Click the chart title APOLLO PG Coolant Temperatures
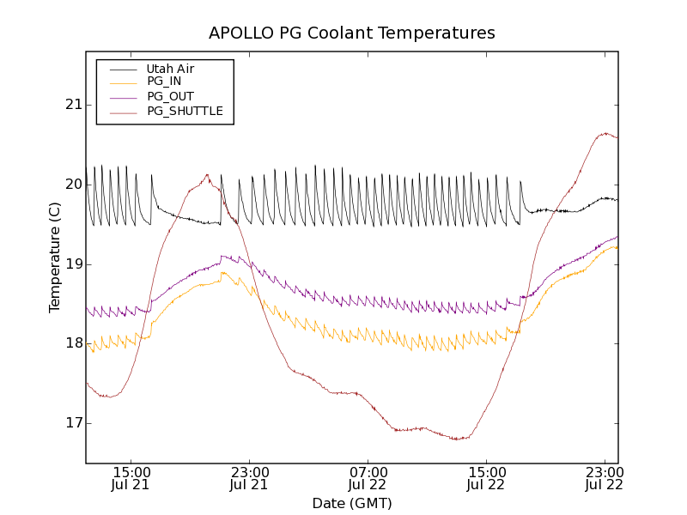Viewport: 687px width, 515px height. click(352, 33)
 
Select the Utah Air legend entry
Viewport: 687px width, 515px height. click(170, 69)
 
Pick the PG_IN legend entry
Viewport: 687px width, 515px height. click(164, 82)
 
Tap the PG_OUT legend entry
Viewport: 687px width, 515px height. click(170, 96)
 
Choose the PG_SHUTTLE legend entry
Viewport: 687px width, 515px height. click(185, 111)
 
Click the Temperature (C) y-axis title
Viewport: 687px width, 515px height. click(55, 257)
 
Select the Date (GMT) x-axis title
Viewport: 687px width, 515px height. click(352, 503)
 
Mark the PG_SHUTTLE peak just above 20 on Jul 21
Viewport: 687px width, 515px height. click(207, 175)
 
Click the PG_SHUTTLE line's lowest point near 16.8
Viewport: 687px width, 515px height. click(459, 439)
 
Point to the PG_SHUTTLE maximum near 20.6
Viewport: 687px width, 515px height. click(605, 133)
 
